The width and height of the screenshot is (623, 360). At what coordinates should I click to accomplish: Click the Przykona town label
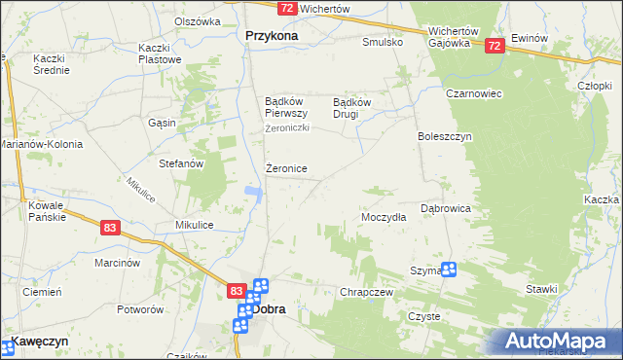click(x=266, y=36)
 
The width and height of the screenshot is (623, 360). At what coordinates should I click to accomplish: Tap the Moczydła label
click(x=384, y=218)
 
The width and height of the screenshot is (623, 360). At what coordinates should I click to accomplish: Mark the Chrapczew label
click(x=366, y=292)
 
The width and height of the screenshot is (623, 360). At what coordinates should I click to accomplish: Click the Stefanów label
click(x=181, y=164)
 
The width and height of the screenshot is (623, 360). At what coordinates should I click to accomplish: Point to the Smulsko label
click(x=383, y=43)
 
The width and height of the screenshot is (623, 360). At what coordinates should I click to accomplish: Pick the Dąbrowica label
click(x=446, y=208)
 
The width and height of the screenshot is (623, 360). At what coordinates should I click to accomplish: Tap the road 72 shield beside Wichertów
click(x=285, y=8)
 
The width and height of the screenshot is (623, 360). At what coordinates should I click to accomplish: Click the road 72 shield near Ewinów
click(x=495, y=45)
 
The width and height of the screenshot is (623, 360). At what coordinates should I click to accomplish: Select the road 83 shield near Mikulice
click(x=110, y=227)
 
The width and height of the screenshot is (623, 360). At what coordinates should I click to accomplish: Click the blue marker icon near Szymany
click(x=448, y=270)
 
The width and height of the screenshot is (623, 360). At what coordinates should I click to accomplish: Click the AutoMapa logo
click(x=559, y=341)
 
